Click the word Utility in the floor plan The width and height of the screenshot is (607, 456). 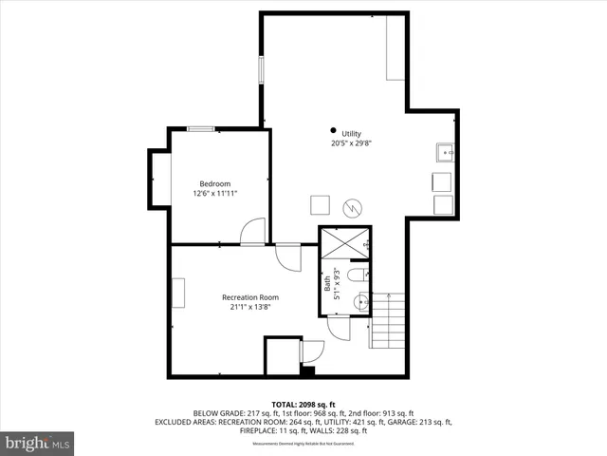click(352, 133)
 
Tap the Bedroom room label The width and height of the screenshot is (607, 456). click(214, 183)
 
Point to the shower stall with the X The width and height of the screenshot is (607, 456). click(344, 242)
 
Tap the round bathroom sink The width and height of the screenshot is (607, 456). click(359, 302)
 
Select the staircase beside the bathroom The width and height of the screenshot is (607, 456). click(387, 320)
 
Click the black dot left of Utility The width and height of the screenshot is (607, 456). click(333, 130)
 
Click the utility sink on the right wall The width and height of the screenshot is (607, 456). click(445, 152)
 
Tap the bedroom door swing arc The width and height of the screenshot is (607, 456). click(252, 231)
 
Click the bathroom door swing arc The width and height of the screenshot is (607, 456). click(339, 328)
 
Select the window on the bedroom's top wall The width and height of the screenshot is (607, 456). click(200, 127)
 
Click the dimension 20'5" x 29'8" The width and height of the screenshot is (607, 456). click(352, 144)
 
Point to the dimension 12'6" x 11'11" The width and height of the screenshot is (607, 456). click(214, 194)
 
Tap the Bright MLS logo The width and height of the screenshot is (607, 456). click(38, 443)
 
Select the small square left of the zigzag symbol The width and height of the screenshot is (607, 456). click(321, 203)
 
